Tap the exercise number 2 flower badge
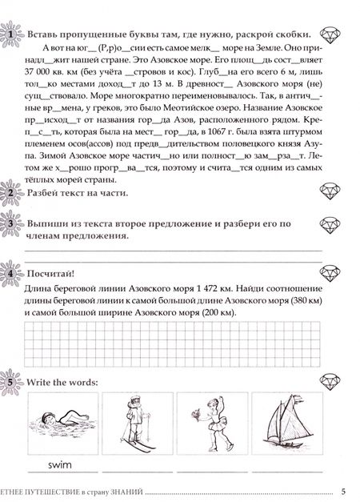pyautogui.click(x=10, y=193)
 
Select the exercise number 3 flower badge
pyautogui.click(x=10, y=224)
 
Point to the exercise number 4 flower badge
pyautogui.click(x=10, y=273)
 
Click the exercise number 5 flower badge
pyautogui.click(x=10, y=382)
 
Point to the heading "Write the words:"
pyautogui.click(x=62, y=382)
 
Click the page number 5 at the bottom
pyautogui.click(x=342, y=491)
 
